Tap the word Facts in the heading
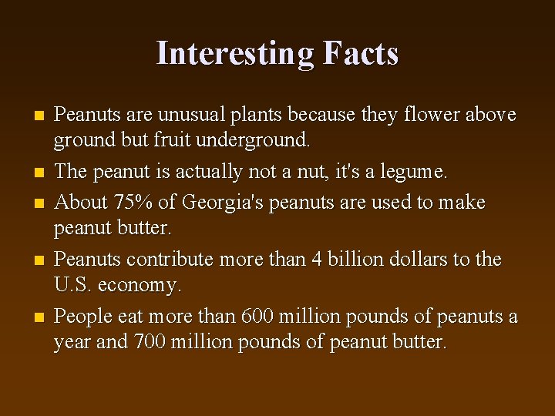click(x=361, y=54)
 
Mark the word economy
click(x=141, y=286)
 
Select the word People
click(x=82, y=316)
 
